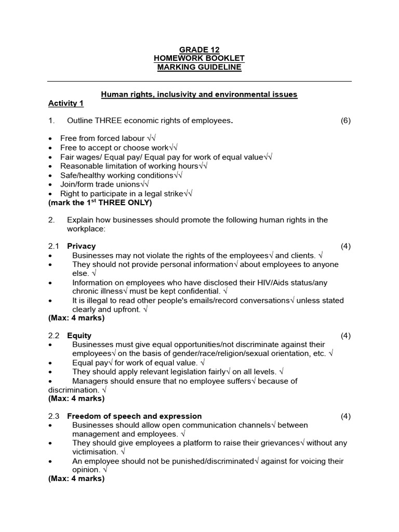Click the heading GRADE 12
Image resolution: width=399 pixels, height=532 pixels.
(199, 50)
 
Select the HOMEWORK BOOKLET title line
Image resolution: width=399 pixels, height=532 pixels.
(199, 59)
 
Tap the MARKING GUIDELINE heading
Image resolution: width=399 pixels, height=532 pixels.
(199, 68)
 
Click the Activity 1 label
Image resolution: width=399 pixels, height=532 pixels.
(66, 103)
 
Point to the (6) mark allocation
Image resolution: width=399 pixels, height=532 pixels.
(345, 121)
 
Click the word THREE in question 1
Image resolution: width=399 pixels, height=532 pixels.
(109, 121)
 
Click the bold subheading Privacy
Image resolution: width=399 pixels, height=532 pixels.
(82, 246)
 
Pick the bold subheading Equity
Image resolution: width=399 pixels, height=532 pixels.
(79, 336)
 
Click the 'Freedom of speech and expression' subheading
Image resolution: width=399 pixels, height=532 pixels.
(135, 416)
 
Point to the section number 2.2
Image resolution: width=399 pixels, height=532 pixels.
(54, 336)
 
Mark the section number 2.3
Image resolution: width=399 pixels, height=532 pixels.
(54, 416)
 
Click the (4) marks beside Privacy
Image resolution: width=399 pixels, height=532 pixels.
(345, 246)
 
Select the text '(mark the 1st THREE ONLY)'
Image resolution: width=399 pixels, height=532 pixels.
(100, 203)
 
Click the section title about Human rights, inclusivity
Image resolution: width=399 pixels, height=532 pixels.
(199, 95)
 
